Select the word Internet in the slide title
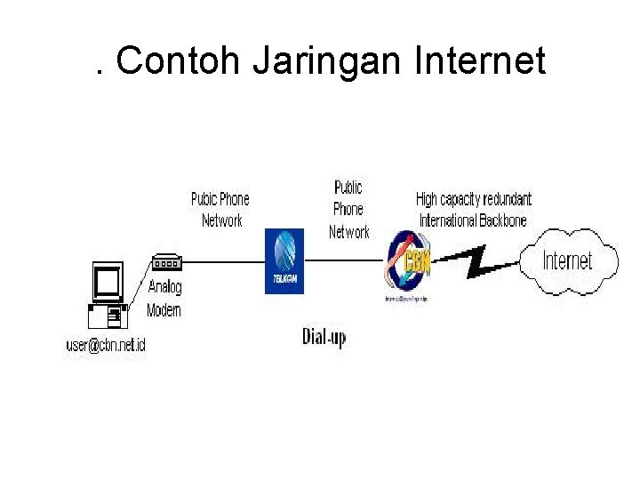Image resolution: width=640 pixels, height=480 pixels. click(x=480, y=61)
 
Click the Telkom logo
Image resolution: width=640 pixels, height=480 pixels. click(x=284, y=260)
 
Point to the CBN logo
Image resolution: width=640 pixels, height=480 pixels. click(x=410, y=265)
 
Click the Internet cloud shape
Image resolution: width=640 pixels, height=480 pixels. click(x=568, y=260)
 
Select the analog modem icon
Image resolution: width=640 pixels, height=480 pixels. click(x=167, y=263)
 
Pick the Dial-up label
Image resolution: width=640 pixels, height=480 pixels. click(x=324, y=337)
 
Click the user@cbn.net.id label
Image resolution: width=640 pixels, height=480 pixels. click(x=106, y=345)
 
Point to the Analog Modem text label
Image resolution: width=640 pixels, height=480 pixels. click(x=164, y=298)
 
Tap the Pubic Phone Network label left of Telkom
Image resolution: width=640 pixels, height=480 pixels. click(x=220, y=210)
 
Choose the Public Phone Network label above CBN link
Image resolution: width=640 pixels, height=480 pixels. click(x=348, y=210)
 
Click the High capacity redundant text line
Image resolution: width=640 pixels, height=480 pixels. click(x=473, y=199)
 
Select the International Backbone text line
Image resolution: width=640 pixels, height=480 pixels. click(x=473, y=220)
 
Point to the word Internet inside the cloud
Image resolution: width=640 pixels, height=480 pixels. click(x=567, y=261)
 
